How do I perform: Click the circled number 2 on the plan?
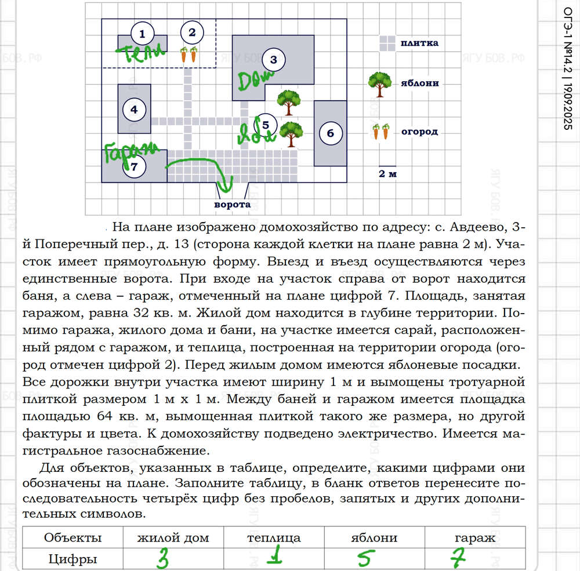(x=193, y=32)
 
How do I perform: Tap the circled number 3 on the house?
(x=274, y=59)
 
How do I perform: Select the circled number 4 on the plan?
(x=135, y=108)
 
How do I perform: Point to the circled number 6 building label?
(x=330, y=133)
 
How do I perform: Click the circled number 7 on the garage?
(x=135, y=166)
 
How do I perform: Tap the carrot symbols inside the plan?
(x=188, y=55)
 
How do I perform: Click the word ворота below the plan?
(x=232, y=205)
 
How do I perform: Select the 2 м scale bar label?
(x=387, y=173)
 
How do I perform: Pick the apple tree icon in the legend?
(x=379, y=84)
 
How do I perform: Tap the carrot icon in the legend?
(x=380, y=132)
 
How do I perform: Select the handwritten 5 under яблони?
(x=363, y=559)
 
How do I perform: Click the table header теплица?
(x=274, y=537)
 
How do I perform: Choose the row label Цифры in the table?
(x=73, y=559)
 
